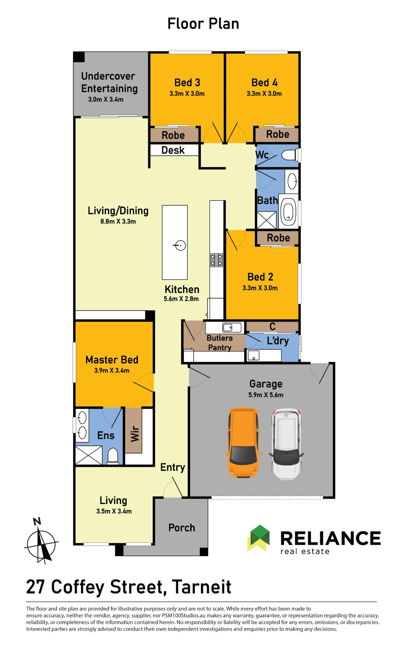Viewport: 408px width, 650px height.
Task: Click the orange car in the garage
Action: tap(243, 443)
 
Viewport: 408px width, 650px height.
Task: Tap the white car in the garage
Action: tap(286, 444)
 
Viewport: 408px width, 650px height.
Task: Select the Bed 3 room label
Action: tap(187, 83)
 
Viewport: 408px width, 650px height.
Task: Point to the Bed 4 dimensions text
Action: tap(264, 94)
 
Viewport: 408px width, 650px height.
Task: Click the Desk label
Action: tap(173, 150)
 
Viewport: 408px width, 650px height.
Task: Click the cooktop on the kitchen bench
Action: tap(217, 260)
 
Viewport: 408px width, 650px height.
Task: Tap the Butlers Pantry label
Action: tap(220, 343)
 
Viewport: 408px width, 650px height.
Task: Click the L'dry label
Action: tap(278, 341)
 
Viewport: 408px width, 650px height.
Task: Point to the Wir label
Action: tap(135, 434)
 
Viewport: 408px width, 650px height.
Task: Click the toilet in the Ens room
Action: tap(113, 456)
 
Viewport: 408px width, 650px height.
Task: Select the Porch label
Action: tap(182, 527)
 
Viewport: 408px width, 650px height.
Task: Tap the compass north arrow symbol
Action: tap(41, 541)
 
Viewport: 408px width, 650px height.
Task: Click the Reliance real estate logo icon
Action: tap(259, 538)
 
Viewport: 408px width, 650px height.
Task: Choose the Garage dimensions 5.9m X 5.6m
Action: tap(266, 395)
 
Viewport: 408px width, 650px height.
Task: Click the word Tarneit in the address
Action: tap(202, 587)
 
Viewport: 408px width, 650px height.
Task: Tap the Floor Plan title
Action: tap(204, 24)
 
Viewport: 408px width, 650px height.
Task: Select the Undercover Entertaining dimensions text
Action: tap(106, 99)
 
